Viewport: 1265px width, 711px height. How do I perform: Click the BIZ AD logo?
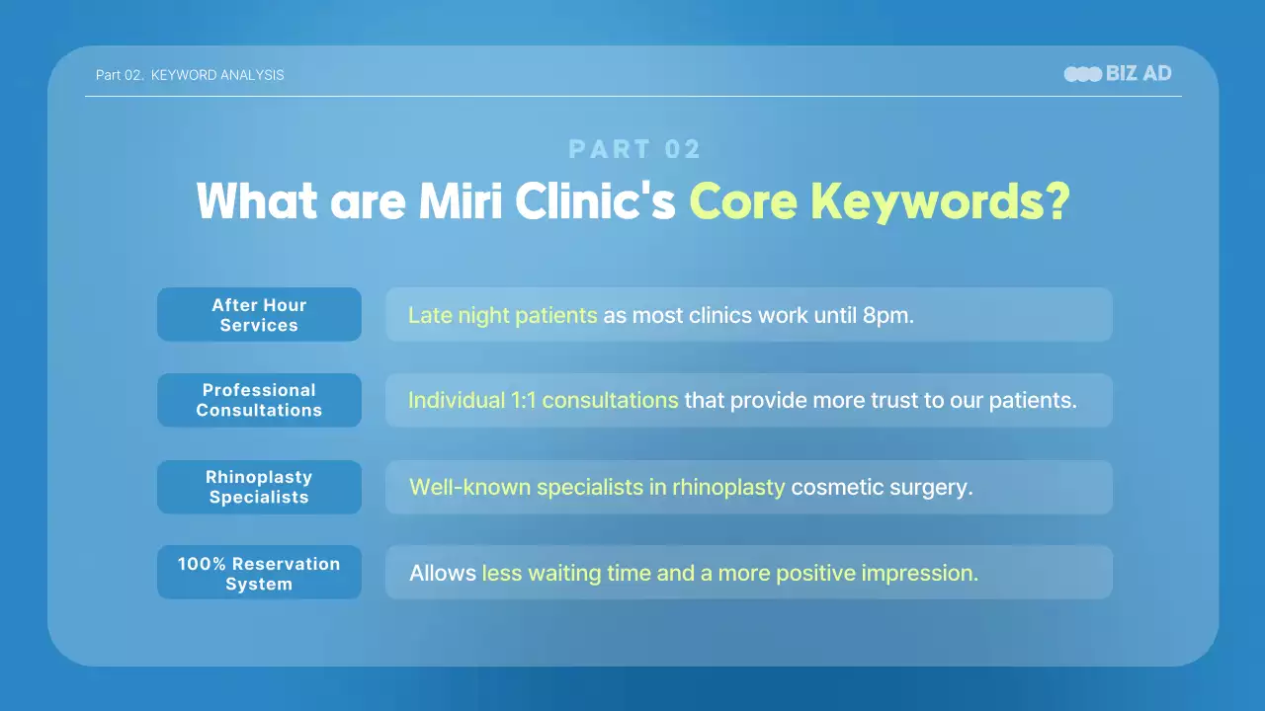point(1118,74)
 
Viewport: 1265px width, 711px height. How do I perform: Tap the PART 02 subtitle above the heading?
point(634,149)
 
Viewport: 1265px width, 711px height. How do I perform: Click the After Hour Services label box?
point(259,315)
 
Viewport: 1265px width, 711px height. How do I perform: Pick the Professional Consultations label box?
point(259,400)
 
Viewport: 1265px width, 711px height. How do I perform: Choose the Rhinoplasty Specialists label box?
point(259,487)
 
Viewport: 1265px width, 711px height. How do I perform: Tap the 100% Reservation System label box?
point(259,573)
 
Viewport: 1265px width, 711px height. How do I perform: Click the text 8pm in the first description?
point(887,316)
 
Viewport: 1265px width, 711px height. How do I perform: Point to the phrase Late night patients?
point(502,316)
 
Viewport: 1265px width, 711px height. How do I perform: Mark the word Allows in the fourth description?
point(442,574)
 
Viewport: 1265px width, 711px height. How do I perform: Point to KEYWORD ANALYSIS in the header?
point(217,75)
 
